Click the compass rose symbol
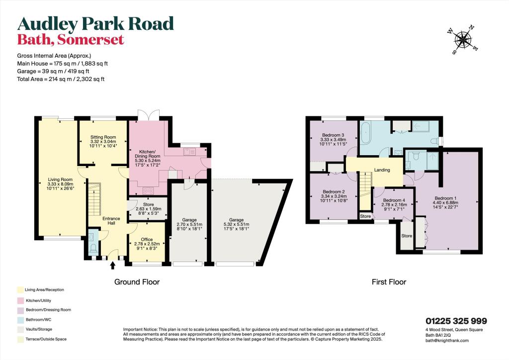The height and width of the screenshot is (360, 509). [464, 39]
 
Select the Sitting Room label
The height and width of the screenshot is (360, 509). [103, 137]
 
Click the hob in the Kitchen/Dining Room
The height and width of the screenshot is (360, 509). [149, 189]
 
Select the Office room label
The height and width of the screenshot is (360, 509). [147, 240]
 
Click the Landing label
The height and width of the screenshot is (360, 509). [382, 170]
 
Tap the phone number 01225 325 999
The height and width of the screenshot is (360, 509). [456, 321]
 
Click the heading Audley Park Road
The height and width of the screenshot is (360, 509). [95, 23]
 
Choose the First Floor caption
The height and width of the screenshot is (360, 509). [389, 282]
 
